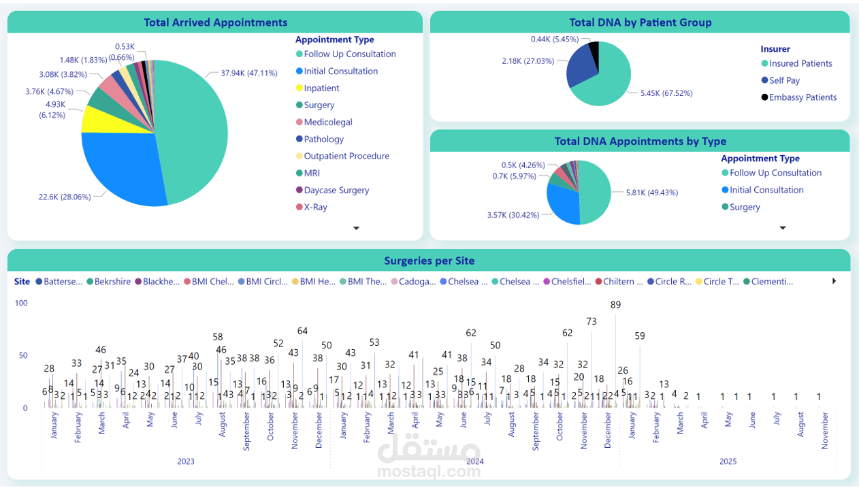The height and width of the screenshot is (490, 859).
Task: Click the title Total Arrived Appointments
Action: pyautogui.click(x=215, y=22)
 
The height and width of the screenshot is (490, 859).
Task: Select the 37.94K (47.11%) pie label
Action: pyautogui.click(x=248, y=73)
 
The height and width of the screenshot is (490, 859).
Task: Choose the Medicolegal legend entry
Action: pyautogui.click(x=328, y=122)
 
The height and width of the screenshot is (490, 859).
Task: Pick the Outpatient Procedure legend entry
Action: pyautogui.click(x=346, y=157)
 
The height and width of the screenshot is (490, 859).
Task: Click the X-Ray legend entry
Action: pyautogui.click(x=315, y=208)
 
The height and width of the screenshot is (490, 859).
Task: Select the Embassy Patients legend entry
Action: pyautogui.click(x=803, y=97)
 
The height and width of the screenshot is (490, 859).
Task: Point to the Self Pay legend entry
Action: pyautogui.click(x=784, y=80)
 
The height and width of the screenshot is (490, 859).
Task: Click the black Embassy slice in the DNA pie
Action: pyautogui.click(x=594, y=50)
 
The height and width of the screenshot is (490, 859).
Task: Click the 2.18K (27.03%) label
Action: pyautogui.click(x=528, y=61)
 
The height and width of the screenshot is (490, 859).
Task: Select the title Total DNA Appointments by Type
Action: pyautogui.click(x=640, y=142)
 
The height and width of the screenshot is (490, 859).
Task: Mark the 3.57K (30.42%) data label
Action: pyautogui.click(x=513, y=215)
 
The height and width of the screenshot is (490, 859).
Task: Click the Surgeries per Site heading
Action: pyautogui.click(x=429, y=261)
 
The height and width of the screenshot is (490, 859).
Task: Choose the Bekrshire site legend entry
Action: pyautogui.click(x=112, y=282)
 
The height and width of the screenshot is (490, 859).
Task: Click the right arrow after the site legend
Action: pyautogui.click(x=834, y=281)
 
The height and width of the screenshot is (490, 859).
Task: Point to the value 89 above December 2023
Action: pyautogui.click(x=615, y=305)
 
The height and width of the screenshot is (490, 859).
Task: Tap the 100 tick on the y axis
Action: pyautogui.click(x=21, y=303)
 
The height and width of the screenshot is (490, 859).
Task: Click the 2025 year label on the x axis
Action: pyautogui.click(x=728, y=461)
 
